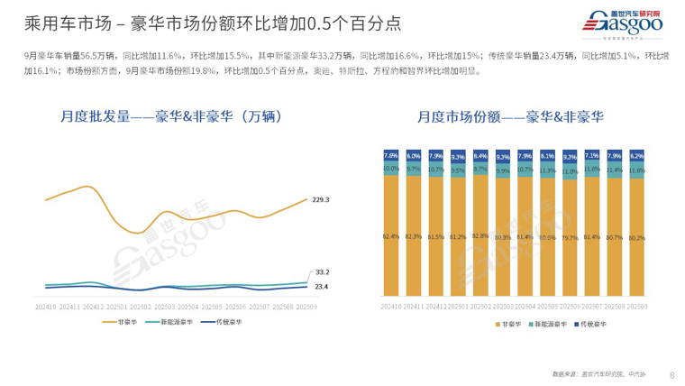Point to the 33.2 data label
(x=322, y=271)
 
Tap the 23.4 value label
(x=322, y=287)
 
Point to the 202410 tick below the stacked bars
(x=390, y=307)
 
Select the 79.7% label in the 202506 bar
(x=570, y=238)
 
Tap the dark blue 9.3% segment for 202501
(x=458, y=156)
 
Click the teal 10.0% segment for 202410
(x=390, y=169)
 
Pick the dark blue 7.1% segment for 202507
(x=592, y=155)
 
